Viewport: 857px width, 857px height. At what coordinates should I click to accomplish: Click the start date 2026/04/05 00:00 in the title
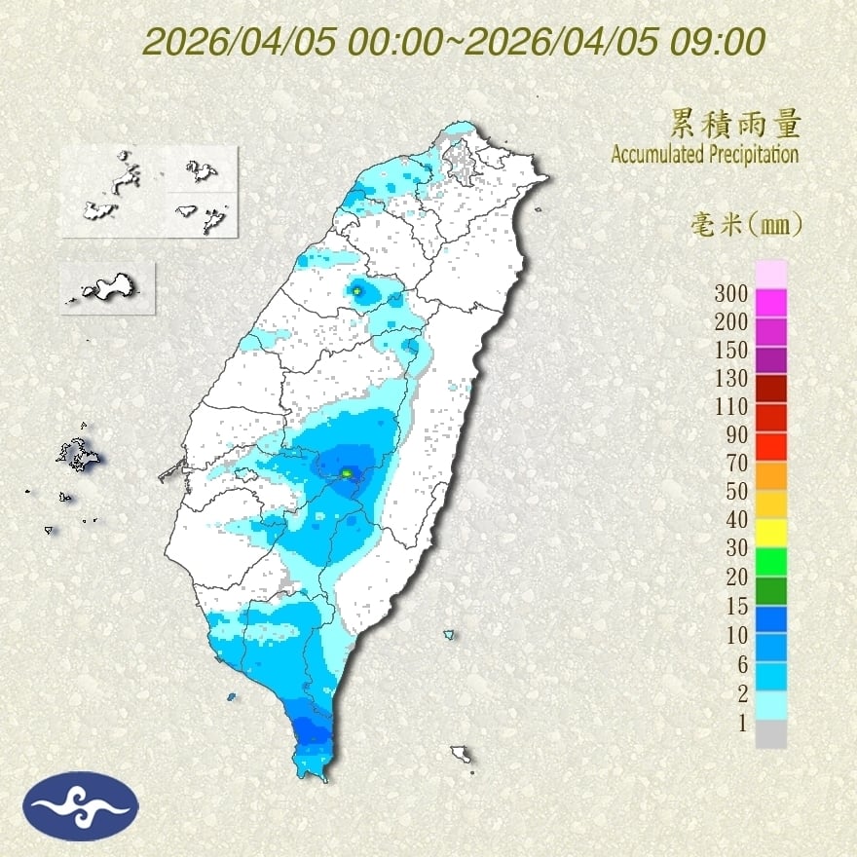coord(291,42)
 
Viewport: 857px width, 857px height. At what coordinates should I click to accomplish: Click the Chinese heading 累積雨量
coord(736,124)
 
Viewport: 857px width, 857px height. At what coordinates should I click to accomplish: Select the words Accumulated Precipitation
coord(705,154)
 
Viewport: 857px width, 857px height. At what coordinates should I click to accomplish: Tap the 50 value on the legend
coord(733,491)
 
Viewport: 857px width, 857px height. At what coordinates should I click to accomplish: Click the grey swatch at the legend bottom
coord(770,734)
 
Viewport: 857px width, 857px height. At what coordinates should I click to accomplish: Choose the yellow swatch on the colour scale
coord(770,531)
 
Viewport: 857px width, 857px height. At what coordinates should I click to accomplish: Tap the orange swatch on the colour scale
coord(770,474)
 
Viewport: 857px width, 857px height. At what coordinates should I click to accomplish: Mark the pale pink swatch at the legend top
coord(770,274)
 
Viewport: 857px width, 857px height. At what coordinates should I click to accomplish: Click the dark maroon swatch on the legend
coord(770,389)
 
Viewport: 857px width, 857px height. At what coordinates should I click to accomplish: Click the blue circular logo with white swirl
coord(83,805)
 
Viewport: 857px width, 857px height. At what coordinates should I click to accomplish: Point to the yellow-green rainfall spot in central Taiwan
coord(346,473)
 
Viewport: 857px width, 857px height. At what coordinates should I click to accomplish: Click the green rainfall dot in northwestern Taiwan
coord(357,290)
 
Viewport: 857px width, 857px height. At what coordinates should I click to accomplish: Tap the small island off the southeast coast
coord(461,755)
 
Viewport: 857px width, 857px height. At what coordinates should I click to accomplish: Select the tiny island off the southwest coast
coord(232,696)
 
